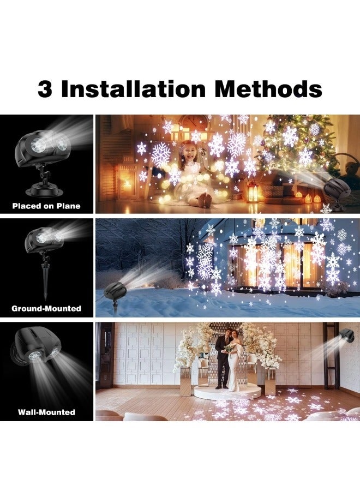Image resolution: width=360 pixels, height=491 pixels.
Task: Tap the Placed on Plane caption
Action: pyautogui.click(x=46, y=206)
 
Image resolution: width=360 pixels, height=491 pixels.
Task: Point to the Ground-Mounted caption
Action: pyautogui.click(x=46, y=308)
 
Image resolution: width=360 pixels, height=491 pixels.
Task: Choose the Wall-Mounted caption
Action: pyautogui.click(x=46, y=412)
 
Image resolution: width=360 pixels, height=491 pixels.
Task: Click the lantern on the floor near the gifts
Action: pyautogui.click(x=252, y=191)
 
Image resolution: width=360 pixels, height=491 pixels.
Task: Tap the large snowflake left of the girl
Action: pyautogui.click(x=160, y=155)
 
